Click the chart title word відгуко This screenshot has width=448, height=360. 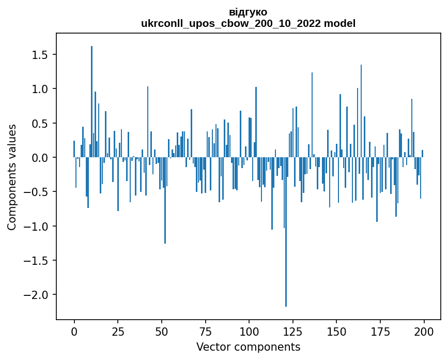tap(248, 11)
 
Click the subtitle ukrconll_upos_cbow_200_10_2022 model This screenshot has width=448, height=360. tap(248, 23)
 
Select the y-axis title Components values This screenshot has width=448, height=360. tap(12, 177)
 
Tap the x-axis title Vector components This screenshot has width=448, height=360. tap(248, 347)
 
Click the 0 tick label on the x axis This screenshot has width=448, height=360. tap(74, 331)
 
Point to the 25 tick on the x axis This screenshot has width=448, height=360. tap(118, 331)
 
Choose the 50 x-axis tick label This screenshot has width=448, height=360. tap(162, 331)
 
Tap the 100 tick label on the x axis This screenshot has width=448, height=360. tap(249, 331)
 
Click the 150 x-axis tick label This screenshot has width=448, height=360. tap(336, 331)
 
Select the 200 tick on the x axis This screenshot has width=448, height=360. tap(424, 331)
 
